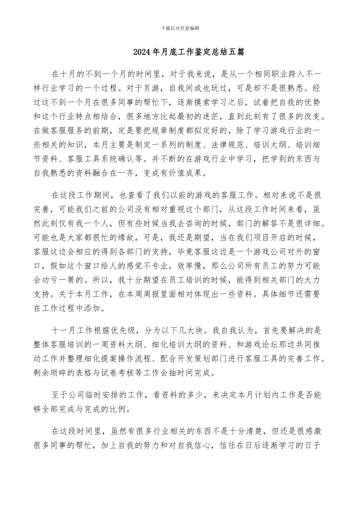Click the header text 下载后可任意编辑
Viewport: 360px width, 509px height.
click(180, 28)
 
